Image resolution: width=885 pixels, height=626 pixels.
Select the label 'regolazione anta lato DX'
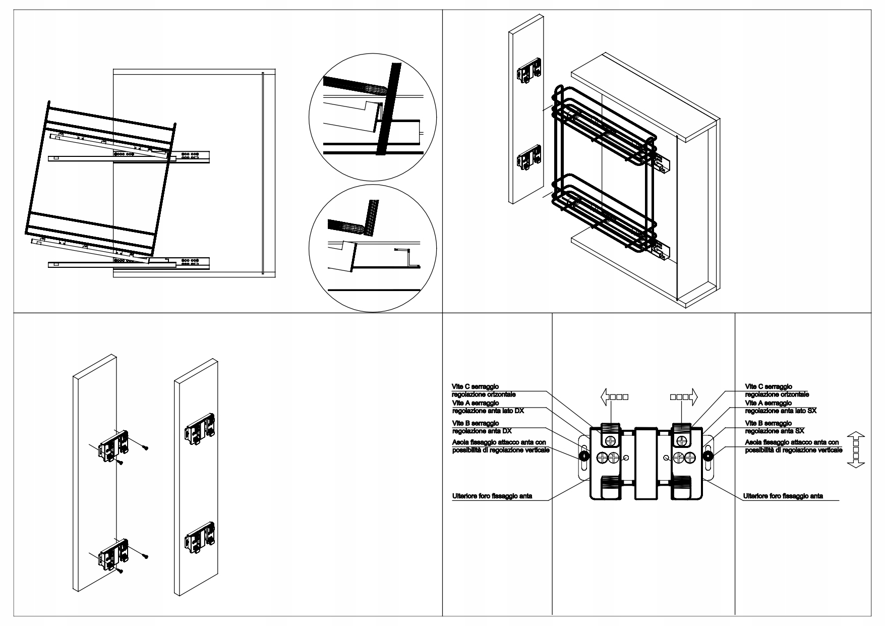(488, 411)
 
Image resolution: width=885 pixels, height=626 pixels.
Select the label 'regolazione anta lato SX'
(781, 411)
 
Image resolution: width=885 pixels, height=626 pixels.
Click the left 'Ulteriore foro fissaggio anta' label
(492, 496)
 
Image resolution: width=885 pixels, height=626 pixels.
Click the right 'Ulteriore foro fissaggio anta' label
(783, 496)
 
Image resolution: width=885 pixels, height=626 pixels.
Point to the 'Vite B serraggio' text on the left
(476, 423)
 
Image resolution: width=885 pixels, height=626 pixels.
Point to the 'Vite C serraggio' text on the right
(769, 386)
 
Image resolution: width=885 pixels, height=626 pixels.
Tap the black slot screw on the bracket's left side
(584, 456)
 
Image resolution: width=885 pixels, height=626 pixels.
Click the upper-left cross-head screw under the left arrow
(611, 440)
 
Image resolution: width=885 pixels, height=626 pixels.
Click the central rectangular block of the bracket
(646, 463)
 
